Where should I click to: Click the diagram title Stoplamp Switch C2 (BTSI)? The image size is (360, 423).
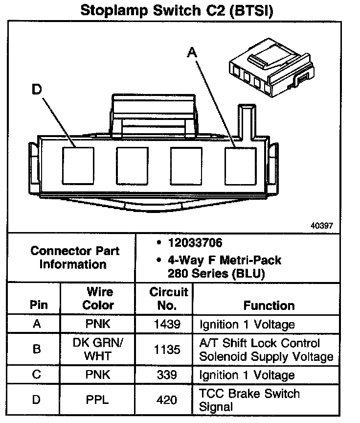(176, 10)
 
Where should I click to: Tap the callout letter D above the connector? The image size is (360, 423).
(37, 90)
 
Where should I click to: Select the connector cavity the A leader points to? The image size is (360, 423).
(240, 164)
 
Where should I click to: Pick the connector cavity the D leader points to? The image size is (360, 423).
(78, 164)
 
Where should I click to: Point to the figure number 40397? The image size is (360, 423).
(321, 226)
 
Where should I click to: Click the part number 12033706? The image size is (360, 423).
(195, 243)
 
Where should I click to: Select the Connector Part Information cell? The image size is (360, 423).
(74, 258)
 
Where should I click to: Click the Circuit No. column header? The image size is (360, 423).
(168, 299)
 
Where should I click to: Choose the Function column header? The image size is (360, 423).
(269, 305)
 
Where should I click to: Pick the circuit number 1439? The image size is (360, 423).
(167, 324)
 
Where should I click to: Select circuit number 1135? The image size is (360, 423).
(167, 350)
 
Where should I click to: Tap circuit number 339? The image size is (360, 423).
(167, 375)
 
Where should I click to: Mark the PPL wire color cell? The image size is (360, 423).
(97, 400)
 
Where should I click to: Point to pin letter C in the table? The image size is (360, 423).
(37, 375)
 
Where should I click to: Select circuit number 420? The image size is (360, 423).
(167, 400)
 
